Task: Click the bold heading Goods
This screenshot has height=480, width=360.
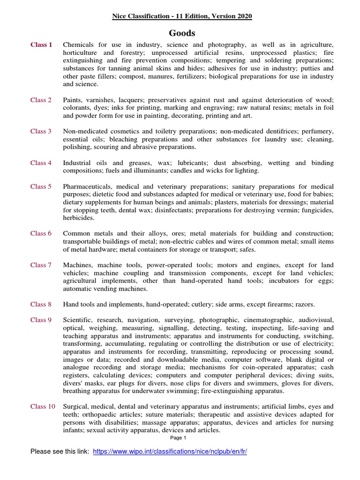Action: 182,33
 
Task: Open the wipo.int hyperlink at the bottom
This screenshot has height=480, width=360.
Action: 170,451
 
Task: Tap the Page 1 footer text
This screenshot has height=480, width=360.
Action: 178,438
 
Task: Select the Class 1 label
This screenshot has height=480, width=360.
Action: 41,45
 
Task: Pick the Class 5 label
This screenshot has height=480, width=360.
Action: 41,187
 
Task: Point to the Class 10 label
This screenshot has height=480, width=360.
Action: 43,406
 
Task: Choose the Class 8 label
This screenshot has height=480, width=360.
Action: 41,304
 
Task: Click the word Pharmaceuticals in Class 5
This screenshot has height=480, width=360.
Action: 86,187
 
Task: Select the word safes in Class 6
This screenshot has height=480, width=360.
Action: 247,249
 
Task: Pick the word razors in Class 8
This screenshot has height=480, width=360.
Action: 304,304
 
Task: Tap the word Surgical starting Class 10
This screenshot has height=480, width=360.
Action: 76,406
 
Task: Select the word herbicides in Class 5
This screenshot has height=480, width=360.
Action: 78,218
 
